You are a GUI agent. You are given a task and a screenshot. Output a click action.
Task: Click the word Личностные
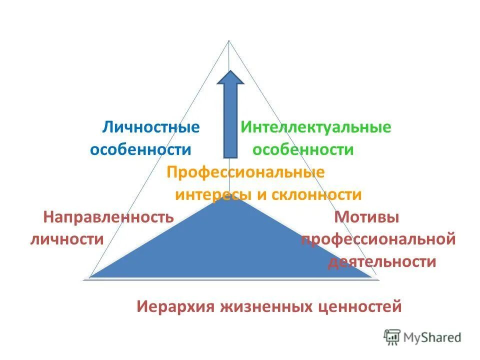pos(151,127)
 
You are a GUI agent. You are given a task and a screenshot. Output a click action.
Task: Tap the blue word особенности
pos(141,149)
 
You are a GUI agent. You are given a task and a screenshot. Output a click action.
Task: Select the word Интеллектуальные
pos(316,127)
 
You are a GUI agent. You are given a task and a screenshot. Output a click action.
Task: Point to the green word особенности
pos(303,149)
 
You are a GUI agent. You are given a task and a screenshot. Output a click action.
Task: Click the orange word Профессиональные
pos(246,172)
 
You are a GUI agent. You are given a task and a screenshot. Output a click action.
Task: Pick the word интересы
pos(213,194)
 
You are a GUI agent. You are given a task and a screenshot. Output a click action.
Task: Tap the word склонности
pos(316,194)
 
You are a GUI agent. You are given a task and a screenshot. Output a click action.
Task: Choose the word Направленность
pos(108,217)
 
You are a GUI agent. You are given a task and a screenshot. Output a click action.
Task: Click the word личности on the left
pos(67,239)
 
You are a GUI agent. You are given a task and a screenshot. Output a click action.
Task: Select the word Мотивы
pos(366,217)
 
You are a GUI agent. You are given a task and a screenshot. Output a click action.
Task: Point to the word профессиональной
pos(378,239)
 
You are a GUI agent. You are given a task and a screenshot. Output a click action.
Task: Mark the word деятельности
pos(382,261)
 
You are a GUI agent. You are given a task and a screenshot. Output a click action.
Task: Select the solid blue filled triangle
pos(231,245)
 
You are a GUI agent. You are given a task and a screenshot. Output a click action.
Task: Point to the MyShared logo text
pos(433,337)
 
